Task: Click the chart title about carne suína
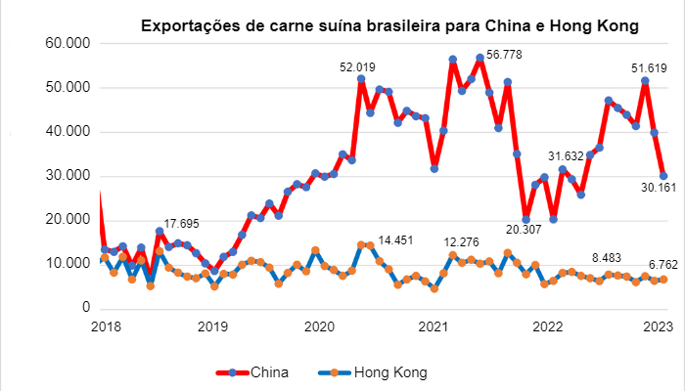tap(388, 26)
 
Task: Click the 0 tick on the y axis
tap(86, 308)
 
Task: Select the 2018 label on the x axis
tap(103, 327)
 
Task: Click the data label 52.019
tap(358, 67)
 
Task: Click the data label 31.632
tap(566, 155)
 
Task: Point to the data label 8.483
tap(613, 258)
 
